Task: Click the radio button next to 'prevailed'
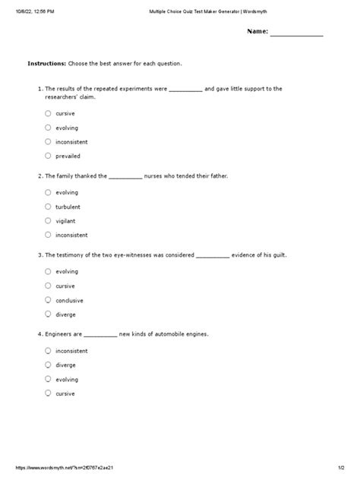tap(48, 156)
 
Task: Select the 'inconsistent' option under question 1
tap(48, 141)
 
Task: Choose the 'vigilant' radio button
tap(48, 220)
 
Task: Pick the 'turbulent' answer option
tap(48, 206)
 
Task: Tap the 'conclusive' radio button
tap(48, 300)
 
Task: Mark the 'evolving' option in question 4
tap(48, 379)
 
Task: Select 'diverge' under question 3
tap(48, 314)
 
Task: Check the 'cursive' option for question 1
tap(48, 113)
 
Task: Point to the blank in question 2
tap(125, 176)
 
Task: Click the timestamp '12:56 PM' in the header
tap(38, 7)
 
